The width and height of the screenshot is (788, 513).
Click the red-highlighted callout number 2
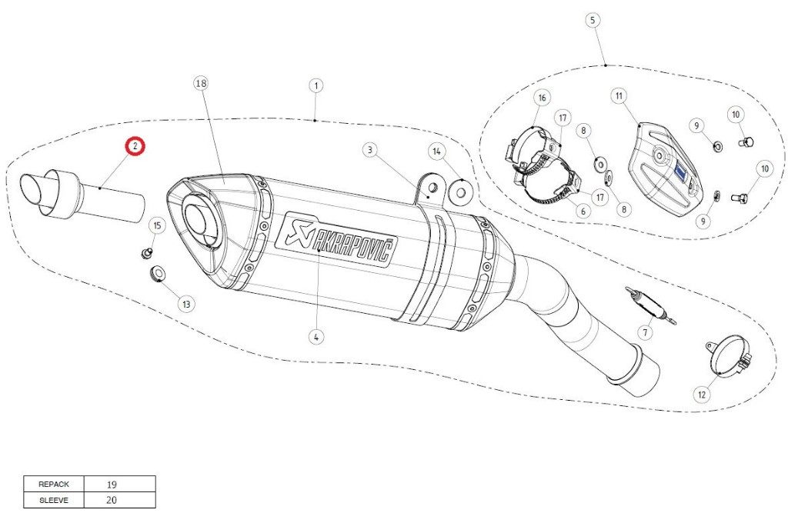click(135, 147)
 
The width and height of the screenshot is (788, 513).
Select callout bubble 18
click(201, 83)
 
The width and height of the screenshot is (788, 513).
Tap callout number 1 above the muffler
click(316, 85)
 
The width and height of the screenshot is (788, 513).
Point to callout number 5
click(593, 20)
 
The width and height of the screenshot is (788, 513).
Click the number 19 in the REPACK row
click(112, 485)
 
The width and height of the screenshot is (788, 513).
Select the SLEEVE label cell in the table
click(54, 501)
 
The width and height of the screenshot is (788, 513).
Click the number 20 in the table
click(112, 500)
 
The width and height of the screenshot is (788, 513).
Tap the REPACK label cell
click(54, 485)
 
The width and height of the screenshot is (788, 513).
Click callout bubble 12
click(702, 395)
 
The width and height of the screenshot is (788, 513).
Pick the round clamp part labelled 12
click(729, 357)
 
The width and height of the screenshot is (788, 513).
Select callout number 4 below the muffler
click(316, 337)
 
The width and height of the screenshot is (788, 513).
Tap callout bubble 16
click(542, 98)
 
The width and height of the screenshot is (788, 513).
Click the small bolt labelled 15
click(146, 252)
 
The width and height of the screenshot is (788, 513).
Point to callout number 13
click(187, 304)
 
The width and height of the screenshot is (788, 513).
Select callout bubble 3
click(370, 150)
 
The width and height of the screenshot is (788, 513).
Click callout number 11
click(619, 95)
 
